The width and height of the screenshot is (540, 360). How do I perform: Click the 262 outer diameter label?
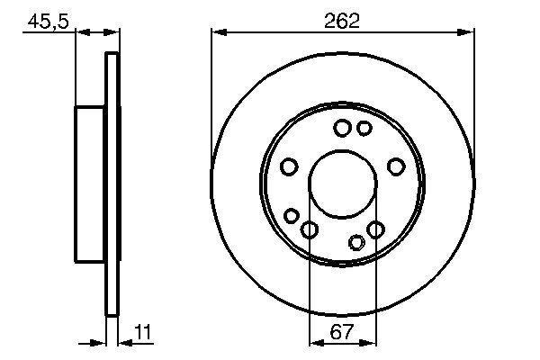(x=343, y=20)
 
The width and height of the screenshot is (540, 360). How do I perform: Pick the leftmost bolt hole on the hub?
(x=289, y=166)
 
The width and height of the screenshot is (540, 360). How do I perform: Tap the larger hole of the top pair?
(x=342, y=129)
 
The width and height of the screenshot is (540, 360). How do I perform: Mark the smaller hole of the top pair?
(x=364, y=129)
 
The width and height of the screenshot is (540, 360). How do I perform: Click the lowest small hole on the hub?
(x=356, y=241)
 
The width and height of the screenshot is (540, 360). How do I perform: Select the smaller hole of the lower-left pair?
(x=291, y=216)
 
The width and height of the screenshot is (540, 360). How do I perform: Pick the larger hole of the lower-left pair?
(x=309, y=229)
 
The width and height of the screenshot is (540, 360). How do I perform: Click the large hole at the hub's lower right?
(x=376, y=229)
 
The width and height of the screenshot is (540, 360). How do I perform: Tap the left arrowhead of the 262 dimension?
(x=217, y=33)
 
